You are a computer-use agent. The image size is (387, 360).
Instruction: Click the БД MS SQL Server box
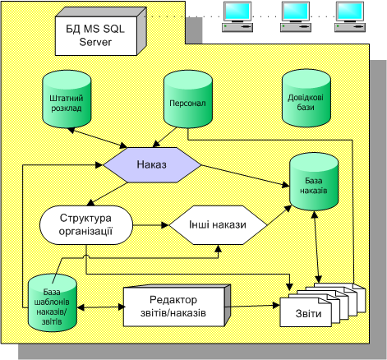coord(100,32)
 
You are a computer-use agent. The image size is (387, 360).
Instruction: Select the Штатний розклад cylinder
coord(67,99)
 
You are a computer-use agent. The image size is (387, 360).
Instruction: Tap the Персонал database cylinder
coord(188,99)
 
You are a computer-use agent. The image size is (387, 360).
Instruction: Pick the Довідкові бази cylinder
coord(306,98)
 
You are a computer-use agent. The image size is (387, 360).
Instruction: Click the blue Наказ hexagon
coord(152,165)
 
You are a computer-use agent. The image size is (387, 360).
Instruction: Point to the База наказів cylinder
coord(314,182)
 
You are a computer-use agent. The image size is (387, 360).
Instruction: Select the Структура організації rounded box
coord(86,225)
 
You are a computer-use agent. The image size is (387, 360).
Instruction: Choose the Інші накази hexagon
coord(218,225)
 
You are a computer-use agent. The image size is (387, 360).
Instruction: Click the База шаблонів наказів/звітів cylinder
coord(53,302)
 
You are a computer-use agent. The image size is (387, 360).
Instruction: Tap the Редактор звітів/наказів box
coord(177,306)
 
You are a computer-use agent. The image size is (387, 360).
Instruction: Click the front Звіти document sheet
coord(306,312)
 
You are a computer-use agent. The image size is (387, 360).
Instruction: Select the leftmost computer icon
coord(237,17)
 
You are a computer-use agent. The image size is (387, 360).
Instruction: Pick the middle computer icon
coord(296,17)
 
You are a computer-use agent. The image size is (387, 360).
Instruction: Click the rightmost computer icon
coord(350,17)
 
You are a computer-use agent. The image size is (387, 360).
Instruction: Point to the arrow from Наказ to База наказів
coord(246,176)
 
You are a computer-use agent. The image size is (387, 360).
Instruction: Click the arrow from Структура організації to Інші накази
coord(151,225)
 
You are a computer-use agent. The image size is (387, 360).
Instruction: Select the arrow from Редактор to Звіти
coord(252,306)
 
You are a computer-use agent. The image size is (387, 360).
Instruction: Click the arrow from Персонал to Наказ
coord(164,137)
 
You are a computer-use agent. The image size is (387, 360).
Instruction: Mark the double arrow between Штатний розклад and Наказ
coord(97,138)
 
